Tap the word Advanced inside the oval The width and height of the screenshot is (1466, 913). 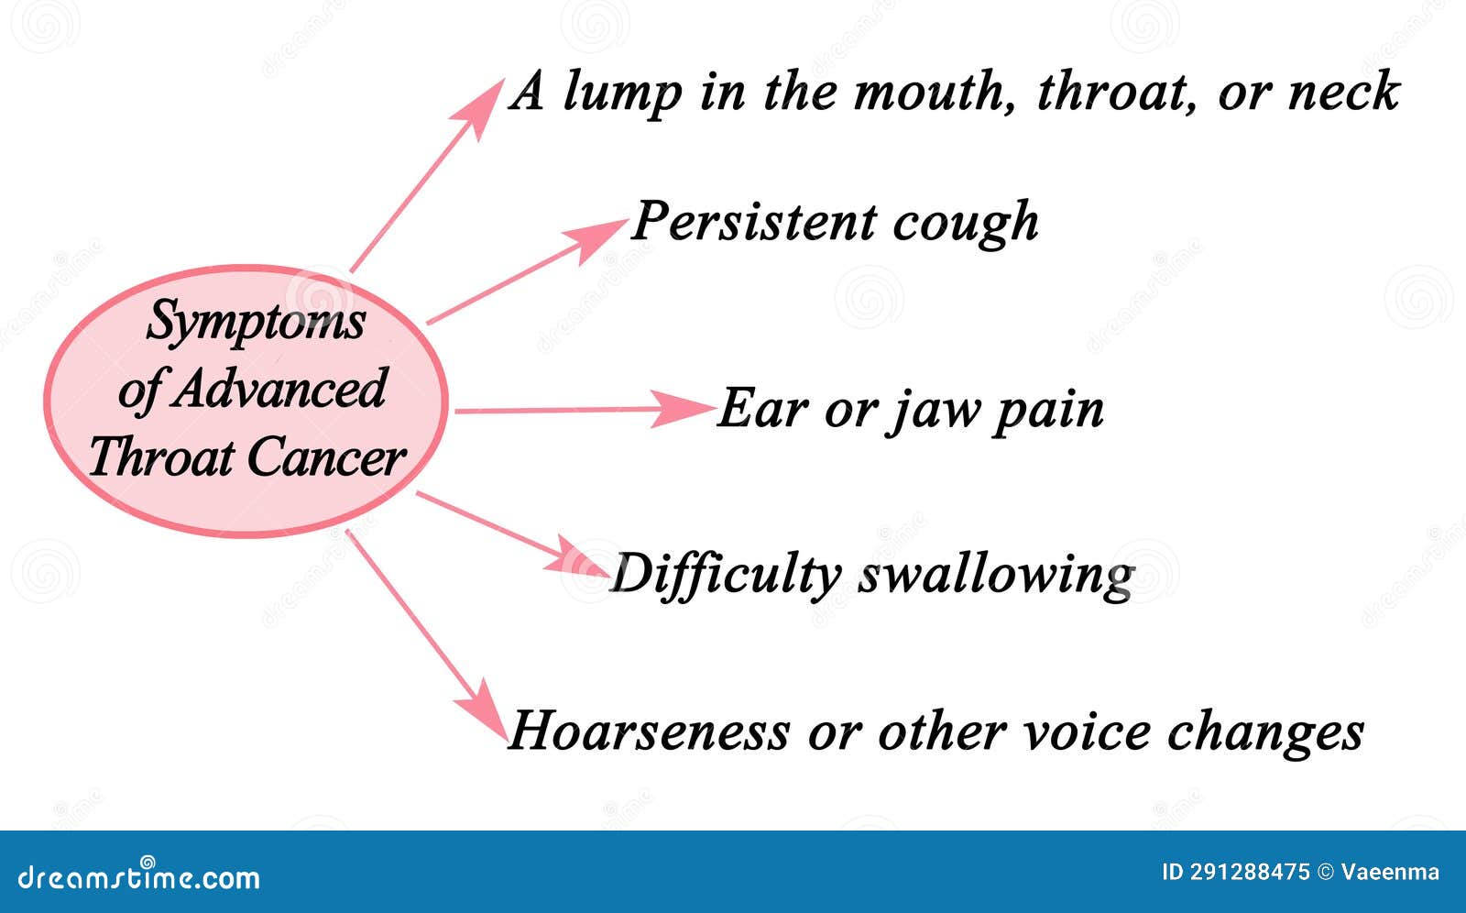[x=279, y=389]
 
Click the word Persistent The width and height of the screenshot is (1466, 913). [x=754, y=222]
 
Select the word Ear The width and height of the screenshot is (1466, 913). [x=763, y=409]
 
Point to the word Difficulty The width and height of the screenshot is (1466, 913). [x=726, y=576]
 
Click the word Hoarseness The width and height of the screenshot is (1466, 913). [x=649, y=731]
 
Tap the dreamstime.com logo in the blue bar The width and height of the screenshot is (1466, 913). [x=139, y=876]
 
